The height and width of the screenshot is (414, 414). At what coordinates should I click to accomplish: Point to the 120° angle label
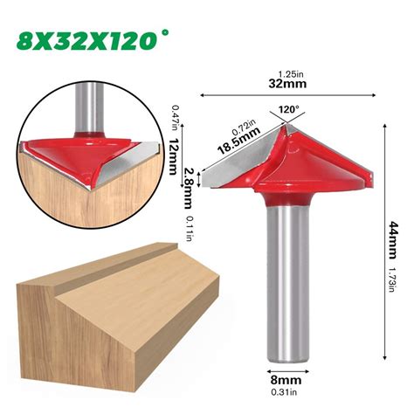coord(288,111)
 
